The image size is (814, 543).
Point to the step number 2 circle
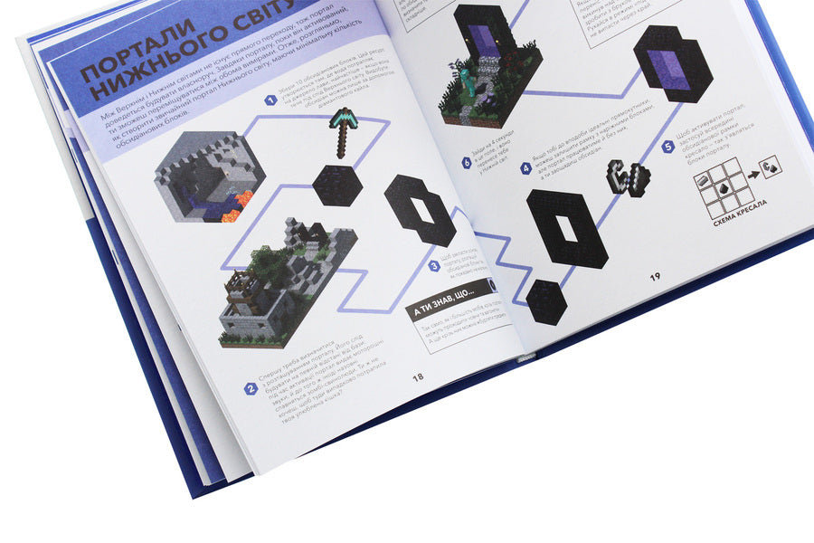click(251, 389)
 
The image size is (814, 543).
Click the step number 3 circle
click(434, 266)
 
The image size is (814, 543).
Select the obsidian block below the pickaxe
click(337, 186)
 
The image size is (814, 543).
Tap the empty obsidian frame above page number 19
click(567, 230)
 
